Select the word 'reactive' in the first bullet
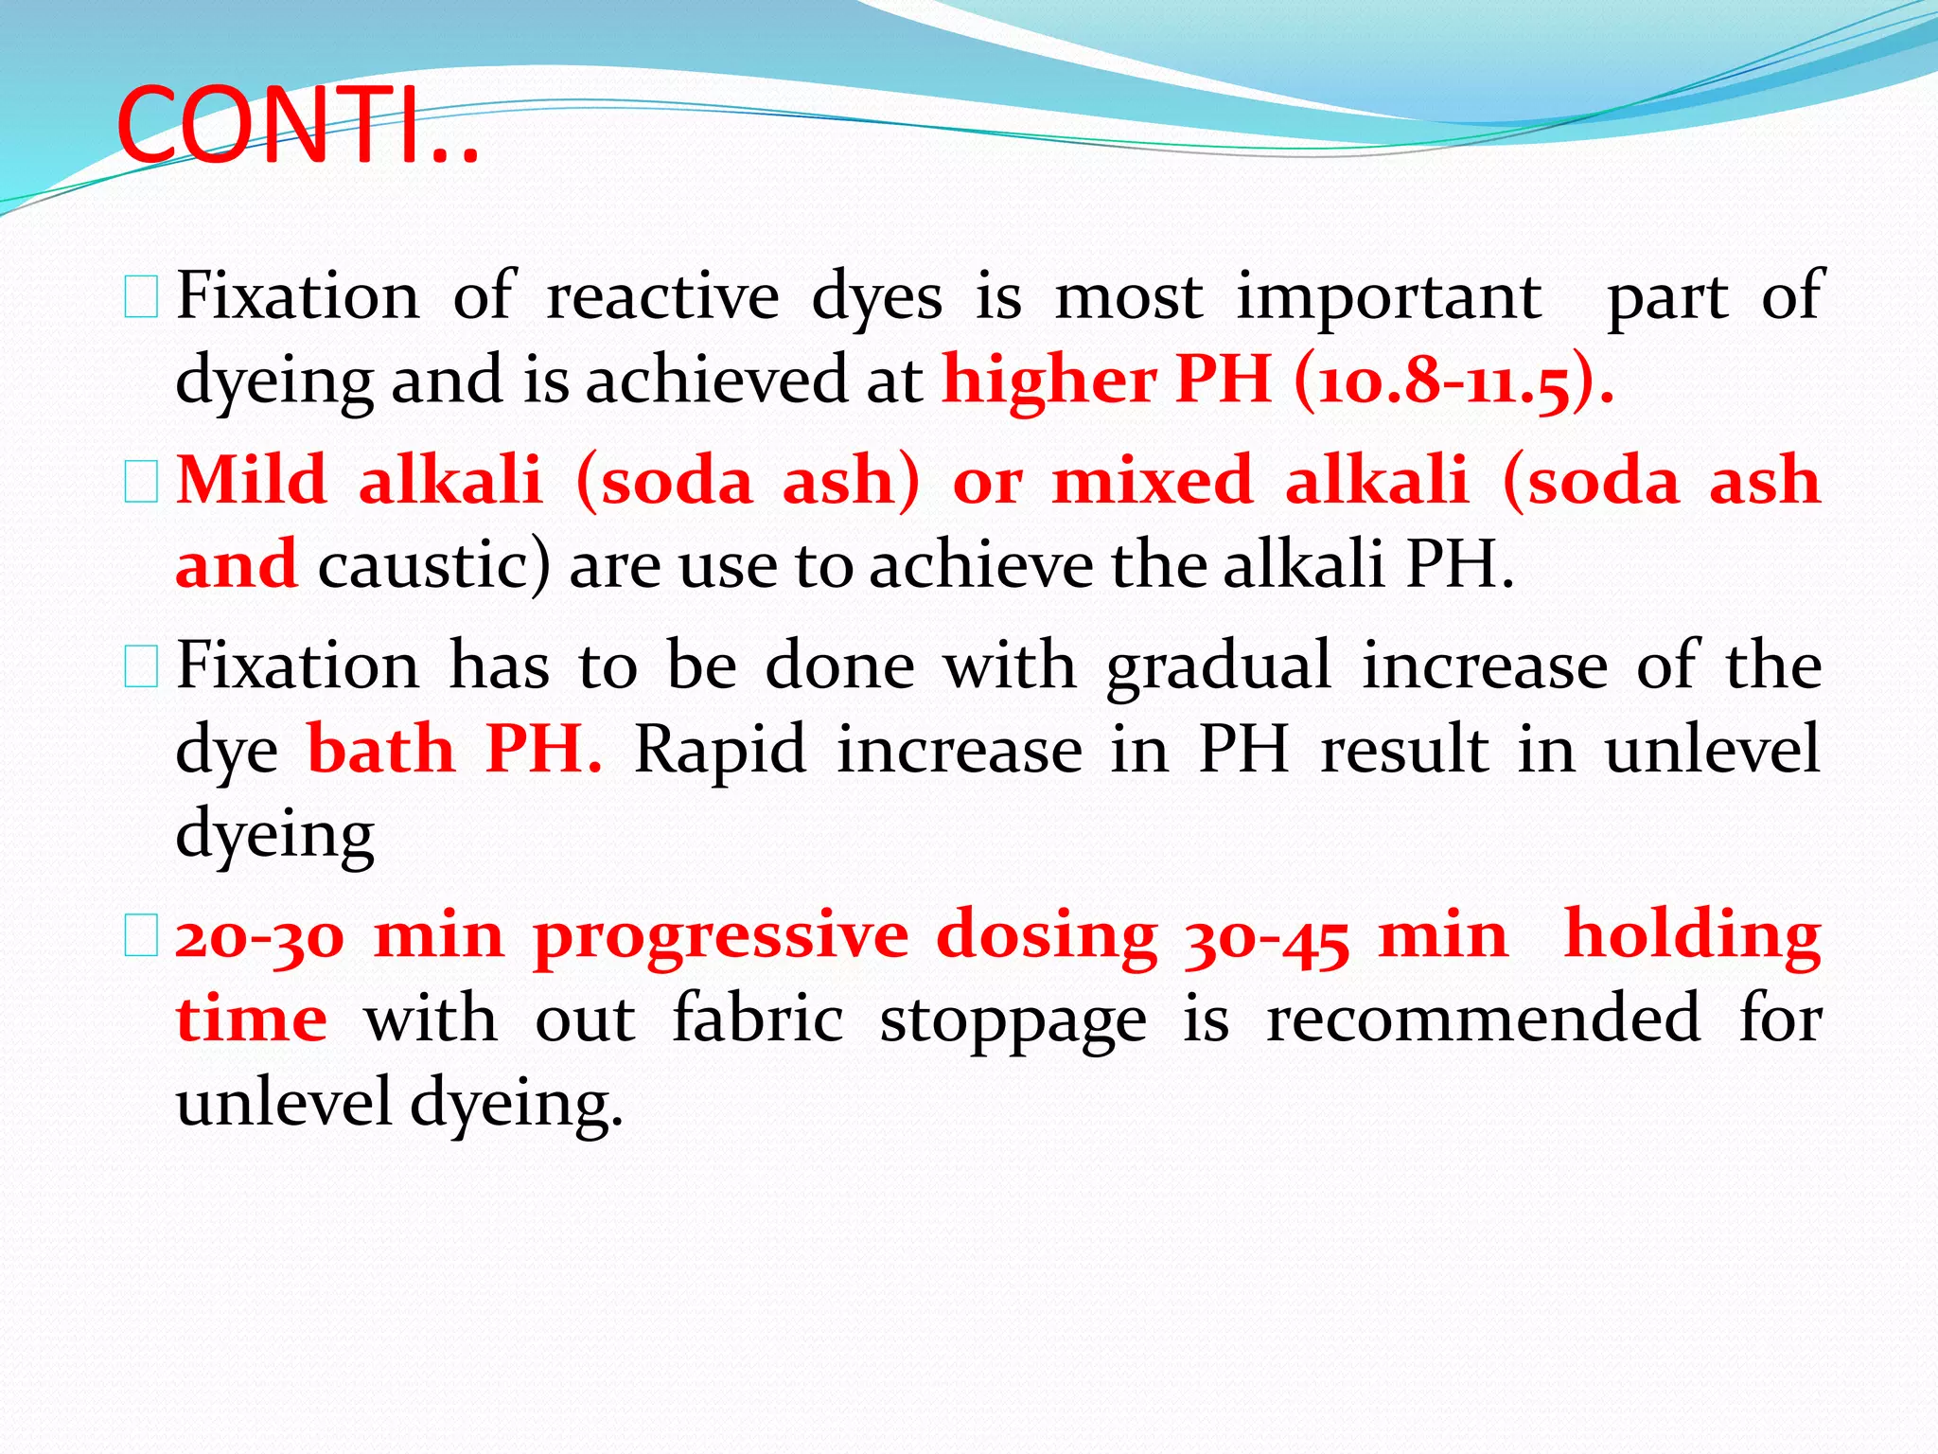tap(662, 296)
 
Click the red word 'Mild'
tap(252, 480)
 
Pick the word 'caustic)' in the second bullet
tap(432, 565)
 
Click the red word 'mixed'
tap(1153, 480)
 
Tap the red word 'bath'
tap(381, 750)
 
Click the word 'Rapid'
tap(719, 750)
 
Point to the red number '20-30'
tap(260, 936)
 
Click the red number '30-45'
tap(1266, 936)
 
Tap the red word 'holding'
tap(1692, 936)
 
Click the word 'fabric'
tap(757, 1020)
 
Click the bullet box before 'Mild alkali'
tap(141, 483)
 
